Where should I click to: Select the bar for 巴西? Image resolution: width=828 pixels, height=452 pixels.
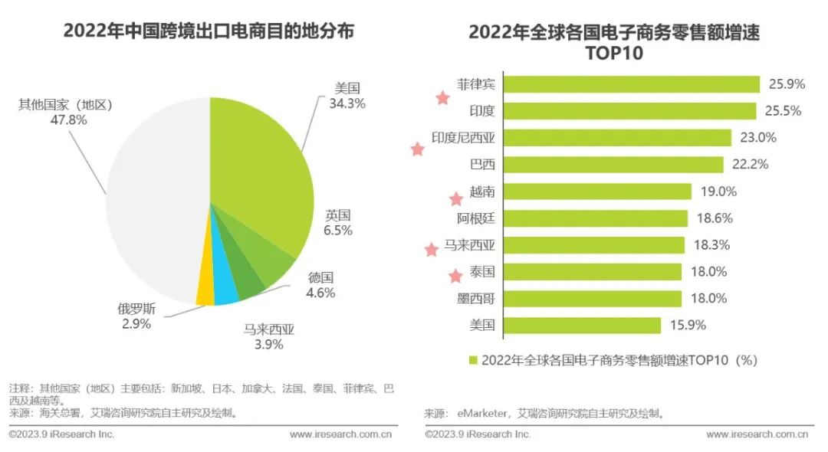coord(615,165)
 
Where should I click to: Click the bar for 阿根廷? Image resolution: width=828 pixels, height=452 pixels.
coord(597,218)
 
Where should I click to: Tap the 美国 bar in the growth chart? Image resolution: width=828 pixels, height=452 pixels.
coord(583,326)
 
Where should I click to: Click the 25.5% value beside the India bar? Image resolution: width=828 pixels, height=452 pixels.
coord(783,111)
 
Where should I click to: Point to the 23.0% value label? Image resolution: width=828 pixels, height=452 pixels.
coord(757,138)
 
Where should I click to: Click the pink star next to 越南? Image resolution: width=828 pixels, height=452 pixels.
coord(455,198)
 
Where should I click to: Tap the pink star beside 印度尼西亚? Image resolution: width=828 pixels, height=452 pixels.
coord(417,149)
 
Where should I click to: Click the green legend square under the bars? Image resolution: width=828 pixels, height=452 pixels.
coord(473,360)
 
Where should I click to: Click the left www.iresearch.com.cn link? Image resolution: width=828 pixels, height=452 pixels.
coord(341,434)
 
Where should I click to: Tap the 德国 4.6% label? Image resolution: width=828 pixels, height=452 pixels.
coord(322,284)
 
